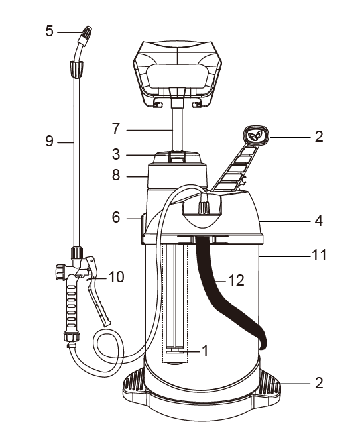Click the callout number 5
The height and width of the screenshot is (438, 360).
(49, 31)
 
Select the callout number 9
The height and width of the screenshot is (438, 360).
(49, 141)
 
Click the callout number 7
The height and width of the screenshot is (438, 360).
(116, 129)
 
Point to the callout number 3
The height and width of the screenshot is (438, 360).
(116, 154)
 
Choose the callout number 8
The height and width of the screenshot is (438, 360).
(116, 175)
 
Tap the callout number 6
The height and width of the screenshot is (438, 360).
(116, 217)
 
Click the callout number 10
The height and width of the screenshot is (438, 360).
(116, 277)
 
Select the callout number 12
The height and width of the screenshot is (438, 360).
(237, 280)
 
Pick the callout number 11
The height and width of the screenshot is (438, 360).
(319, 255)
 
